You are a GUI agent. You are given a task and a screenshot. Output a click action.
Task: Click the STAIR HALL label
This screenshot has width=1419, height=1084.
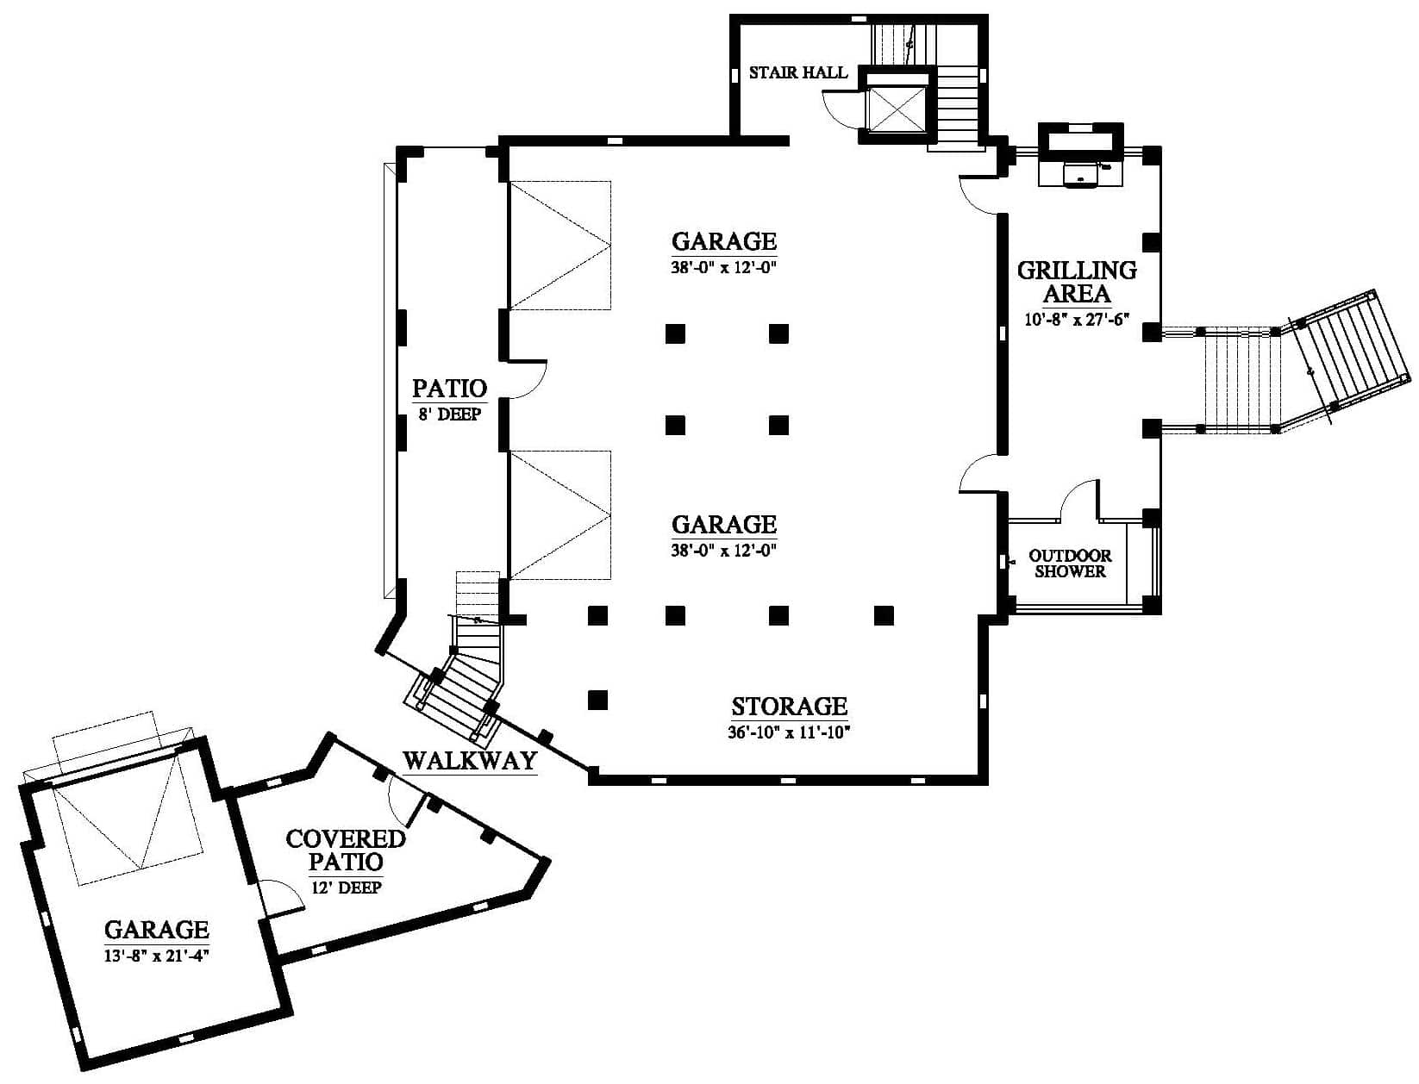(797, 72)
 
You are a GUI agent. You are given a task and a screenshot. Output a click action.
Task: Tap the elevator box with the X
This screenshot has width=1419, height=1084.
(896, 107)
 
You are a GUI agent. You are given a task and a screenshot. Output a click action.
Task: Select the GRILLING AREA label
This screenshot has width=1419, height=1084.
(1077, 282)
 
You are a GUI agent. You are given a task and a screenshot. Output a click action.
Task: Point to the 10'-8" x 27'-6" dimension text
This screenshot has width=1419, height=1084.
(1077, 319)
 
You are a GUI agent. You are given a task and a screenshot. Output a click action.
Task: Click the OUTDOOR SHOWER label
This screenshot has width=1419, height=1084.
(1070, 564)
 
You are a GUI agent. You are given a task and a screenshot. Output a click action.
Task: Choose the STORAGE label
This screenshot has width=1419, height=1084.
(789, 707)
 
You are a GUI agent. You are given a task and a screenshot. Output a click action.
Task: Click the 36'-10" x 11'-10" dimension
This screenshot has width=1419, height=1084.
(788, 732)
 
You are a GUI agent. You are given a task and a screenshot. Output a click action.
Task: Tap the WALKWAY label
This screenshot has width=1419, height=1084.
(470, 761)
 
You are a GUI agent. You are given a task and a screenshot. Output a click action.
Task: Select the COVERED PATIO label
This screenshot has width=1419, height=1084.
(346, 850)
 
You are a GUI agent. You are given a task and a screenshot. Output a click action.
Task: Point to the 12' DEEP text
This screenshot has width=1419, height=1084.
(347, 888)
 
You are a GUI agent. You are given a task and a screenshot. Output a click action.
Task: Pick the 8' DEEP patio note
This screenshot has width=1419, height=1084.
(450, 414)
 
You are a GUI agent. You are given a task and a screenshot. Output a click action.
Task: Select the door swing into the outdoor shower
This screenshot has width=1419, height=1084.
(1078, 501)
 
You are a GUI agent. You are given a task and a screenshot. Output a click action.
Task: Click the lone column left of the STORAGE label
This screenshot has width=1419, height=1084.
(597, 700)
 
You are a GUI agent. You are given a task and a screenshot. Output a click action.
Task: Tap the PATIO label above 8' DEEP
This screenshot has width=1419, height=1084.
(450, 389)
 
